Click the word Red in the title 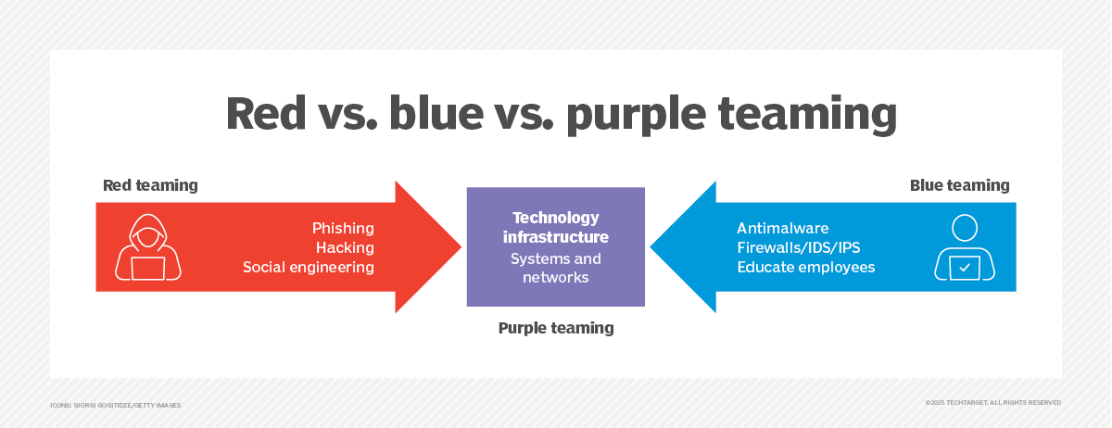266,114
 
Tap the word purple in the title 636,116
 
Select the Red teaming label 150,185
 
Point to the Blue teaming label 960,185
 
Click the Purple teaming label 556,328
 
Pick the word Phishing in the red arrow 343,229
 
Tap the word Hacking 345,247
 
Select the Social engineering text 309,267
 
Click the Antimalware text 783,228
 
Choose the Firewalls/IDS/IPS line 799,247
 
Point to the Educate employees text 806,267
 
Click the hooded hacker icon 148,246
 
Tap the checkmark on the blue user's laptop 965,268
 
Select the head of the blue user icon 965,228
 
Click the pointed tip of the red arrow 461,246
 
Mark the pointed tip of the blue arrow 651,246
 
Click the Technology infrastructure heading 556,227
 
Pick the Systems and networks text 556,268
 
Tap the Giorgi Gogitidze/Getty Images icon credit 116,405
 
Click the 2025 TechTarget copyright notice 993,403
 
